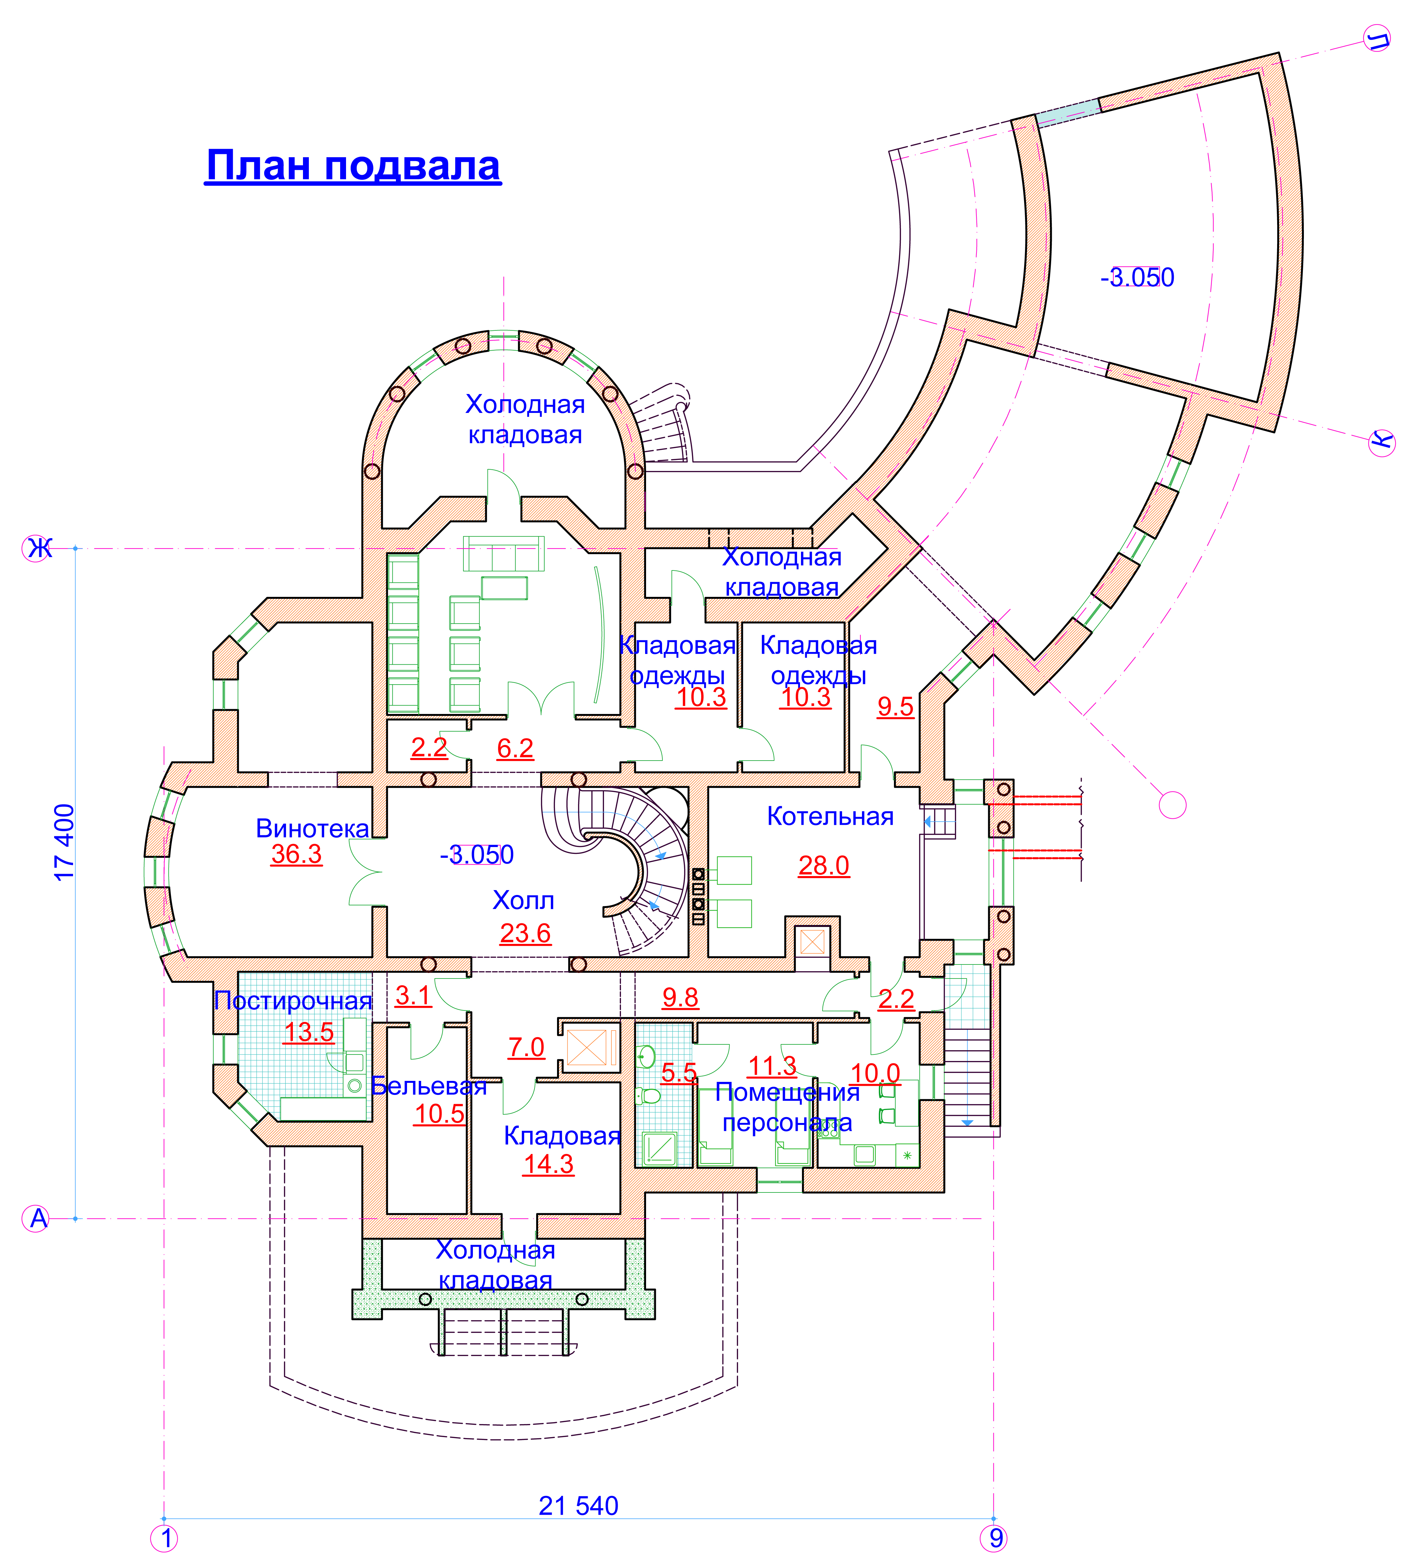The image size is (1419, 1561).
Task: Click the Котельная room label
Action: click(x=830, y=816)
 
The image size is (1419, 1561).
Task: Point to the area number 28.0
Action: click(x=824, y=865)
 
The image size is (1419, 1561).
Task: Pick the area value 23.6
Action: click(x=525, y=933)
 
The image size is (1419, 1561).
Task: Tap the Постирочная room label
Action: click(x=294, y=1000)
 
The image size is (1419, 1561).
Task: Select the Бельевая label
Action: click(x=429, y=1085)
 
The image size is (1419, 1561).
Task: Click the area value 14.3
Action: click(x=548, y=1164)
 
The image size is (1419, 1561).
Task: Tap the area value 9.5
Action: click(x=895, y=706)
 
